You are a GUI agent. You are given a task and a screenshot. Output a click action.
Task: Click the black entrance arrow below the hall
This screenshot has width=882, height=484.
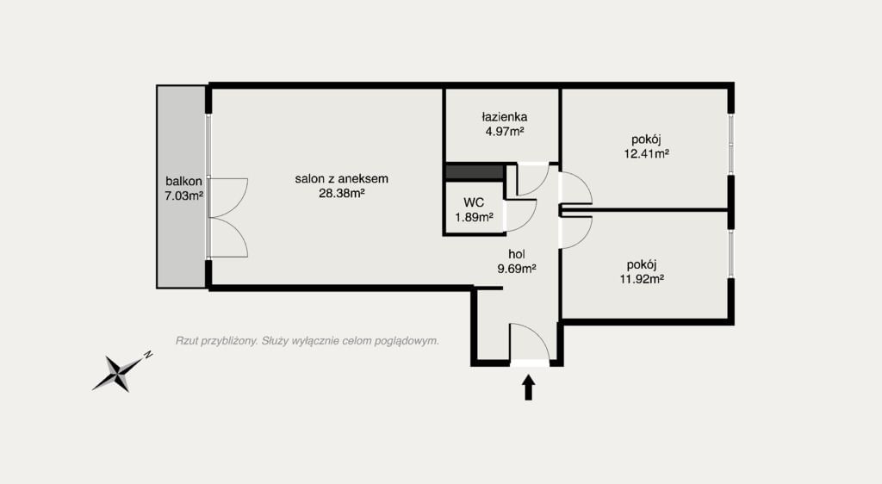[528, 388]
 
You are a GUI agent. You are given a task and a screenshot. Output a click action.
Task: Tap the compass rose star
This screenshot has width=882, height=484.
[119, 372]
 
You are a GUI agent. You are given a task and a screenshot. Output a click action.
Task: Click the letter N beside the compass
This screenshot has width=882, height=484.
[148, 355]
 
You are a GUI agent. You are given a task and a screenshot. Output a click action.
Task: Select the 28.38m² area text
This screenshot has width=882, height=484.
[341, 194]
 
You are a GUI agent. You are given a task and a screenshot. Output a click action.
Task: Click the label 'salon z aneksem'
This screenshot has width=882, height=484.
[341, 179]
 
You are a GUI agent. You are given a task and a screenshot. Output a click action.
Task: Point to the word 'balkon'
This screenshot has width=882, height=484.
[183, 182]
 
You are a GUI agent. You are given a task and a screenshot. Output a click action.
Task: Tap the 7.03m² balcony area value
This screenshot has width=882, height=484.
[183, 196]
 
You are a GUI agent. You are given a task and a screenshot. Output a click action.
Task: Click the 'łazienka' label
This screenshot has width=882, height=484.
[505, 117]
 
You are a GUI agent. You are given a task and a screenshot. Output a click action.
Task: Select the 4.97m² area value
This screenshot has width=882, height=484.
[505, 132]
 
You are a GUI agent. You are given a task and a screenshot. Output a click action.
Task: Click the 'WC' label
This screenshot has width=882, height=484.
[474, 202]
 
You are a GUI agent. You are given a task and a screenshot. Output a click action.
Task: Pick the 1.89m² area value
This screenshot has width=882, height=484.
[475, 217]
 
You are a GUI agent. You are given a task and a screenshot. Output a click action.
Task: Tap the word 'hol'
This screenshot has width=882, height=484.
[517, 255]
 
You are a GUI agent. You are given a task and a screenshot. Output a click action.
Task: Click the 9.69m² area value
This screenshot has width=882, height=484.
[517, 269]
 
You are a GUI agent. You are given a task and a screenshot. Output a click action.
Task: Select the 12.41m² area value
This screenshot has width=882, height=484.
[646, 153]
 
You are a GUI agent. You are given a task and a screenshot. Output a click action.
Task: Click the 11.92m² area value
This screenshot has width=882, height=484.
[642, 279]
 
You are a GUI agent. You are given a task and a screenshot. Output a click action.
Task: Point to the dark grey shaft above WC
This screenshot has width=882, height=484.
[475, 172]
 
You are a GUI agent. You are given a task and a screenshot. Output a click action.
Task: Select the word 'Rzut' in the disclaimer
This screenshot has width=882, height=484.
[187, 341]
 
